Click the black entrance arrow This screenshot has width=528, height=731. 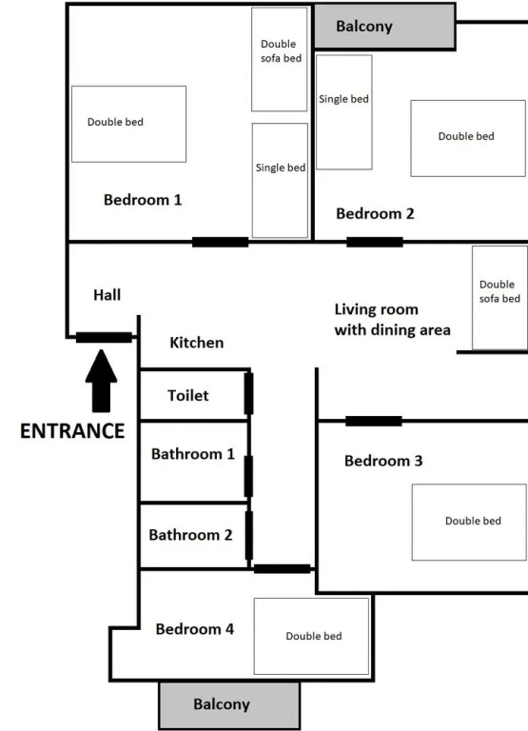[x=101, y=382]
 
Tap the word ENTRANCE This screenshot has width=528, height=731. [x=72, y=431]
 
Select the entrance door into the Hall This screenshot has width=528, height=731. [x=104, y=337]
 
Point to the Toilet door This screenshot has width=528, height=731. [x=249, y=393]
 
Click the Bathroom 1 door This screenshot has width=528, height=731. [x=249, y=476]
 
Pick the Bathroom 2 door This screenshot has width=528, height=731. [x=249, y=535]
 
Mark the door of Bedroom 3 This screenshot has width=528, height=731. [x=374, y=421]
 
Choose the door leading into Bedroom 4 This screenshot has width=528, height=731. [x=282, y=569]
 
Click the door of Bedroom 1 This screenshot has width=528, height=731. [x=221, y=242]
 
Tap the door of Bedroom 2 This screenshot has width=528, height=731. [x=375, y=242]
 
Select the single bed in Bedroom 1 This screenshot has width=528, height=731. [x=280, y=181]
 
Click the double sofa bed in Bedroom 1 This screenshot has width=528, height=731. [x=279, y=59]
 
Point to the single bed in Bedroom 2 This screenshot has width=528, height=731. [x=344, y=112]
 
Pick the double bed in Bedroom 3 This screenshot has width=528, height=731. [x=469, y=523]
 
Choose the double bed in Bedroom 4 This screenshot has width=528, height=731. [x=311, y=637]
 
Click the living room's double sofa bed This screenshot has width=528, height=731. [x=499, y=298]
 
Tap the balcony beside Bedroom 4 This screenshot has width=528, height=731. [x=229, y=705]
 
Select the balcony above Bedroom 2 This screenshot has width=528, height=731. [x=384, y=27]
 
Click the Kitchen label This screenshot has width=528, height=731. [x=197, y=343]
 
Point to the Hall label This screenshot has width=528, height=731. [x=108, y=295]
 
